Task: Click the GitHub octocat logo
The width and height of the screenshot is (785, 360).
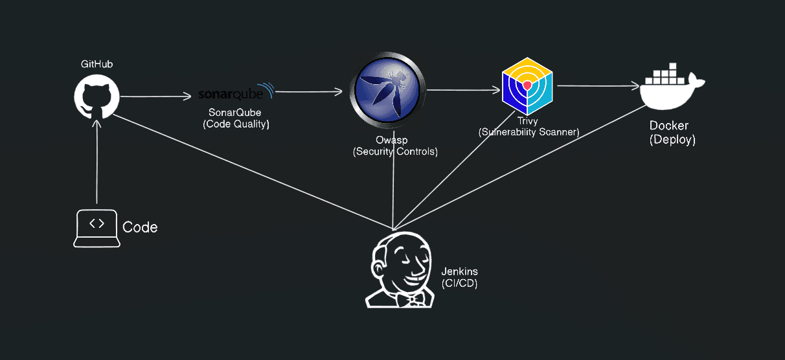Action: click(97, 97)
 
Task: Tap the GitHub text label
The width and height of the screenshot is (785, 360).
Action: click(97, 64)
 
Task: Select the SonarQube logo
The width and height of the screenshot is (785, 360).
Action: click(236, 92)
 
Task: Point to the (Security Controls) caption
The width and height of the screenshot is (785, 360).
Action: click(395, 152)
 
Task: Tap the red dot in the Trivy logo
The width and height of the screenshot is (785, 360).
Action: click(527, 85)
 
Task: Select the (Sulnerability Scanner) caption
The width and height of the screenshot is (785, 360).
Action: click(529, 132)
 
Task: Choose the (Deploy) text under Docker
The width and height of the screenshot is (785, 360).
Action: click(672, 140)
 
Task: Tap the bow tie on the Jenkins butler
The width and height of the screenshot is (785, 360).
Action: click(409, 300)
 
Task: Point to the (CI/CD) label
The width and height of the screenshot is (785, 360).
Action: click(459, 284)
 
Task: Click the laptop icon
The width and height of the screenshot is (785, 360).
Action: click(97, 228)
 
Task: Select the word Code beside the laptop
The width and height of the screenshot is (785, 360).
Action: click(140, 227)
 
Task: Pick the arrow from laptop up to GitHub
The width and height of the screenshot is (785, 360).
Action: click(97, 162)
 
